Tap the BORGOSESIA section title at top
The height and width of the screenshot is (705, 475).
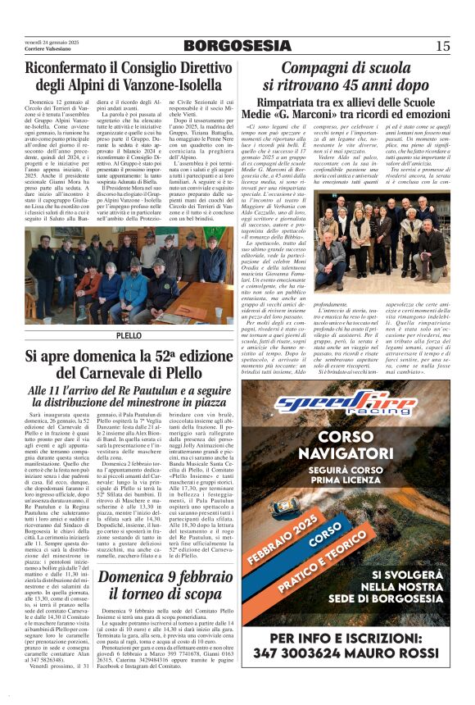click(x=237, y=44)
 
